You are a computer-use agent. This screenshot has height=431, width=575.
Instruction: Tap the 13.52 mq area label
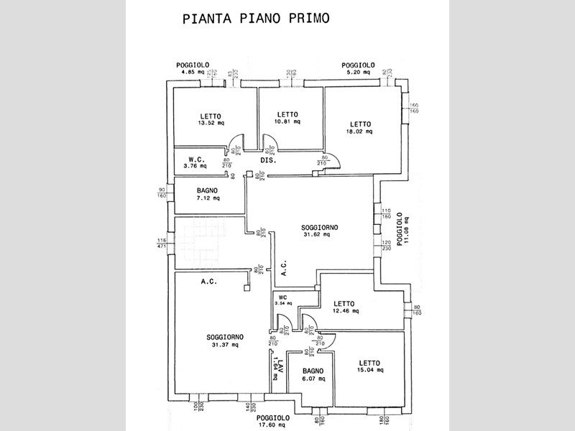[211, 122]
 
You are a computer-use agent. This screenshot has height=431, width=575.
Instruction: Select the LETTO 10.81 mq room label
[287, 118]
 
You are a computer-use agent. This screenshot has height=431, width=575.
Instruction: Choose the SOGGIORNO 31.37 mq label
[225, 340]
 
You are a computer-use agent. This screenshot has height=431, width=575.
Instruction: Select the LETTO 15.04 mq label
[369, 366]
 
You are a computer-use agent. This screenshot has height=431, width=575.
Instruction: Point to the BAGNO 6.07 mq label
[313, 374]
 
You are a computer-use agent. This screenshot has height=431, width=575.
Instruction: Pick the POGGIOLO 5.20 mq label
[356, 69]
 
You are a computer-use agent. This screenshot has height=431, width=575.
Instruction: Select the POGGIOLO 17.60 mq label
[272, 420]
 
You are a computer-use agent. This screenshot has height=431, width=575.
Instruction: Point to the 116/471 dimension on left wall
[161, 243]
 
